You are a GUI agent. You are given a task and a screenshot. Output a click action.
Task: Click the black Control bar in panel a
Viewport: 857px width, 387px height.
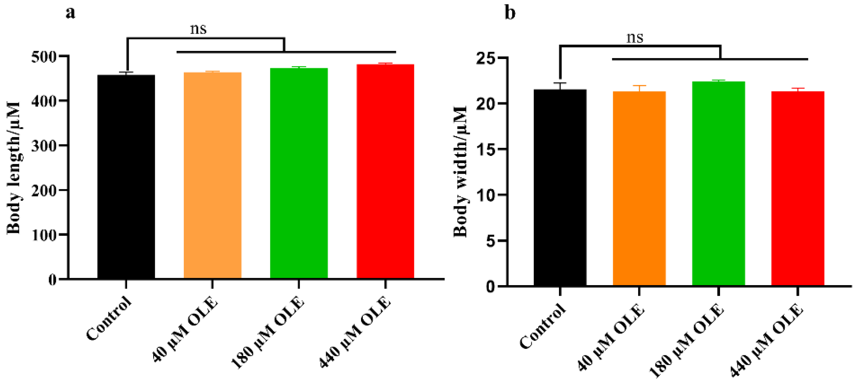[126, 176]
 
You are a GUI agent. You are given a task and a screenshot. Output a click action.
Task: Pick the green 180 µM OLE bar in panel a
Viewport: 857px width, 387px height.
[299, 173]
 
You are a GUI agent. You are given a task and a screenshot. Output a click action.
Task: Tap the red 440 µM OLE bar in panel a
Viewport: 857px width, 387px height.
[385, 171]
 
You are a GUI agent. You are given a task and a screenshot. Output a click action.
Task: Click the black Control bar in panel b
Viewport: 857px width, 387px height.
[560, 187]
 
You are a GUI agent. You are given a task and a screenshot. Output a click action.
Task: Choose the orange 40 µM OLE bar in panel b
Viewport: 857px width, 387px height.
[639, 188]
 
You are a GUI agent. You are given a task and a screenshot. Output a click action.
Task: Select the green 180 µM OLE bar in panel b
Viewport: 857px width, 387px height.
[718, 183]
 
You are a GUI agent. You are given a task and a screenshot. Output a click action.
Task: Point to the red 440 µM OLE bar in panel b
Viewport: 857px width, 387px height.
[798, 188]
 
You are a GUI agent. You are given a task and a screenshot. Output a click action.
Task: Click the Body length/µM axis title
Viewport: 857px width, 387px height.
[14, 168]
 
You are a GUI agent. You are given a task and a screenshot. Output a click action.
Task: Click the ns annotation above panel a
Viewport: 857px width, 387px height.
[198, 29]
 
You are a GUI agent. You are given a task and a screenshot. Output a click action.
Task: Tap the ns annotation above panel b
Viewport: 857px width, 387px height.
[635, 38]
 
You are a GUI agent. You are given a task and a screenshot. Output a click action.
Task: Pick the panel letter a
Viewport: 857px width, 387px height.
[70, 13]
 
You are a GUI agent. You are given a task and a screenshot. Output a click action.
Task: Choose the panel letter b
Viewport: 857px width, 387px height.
[510, 13]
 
